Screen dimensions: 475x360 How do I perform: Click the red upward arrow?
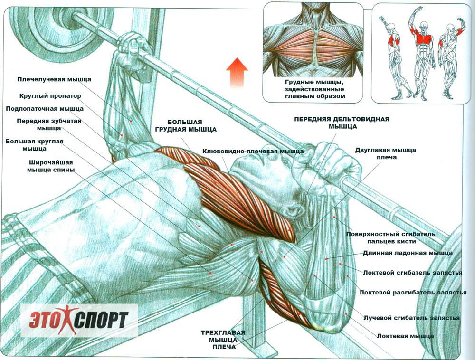point(237,73)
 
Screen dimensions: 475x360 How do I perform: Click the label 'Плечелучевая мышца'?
point(54,80)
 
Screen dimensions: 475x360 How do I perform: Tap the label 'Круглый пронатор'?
point(50,96)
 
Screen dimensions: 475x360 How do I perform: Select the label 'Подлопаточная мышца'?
point(45,109)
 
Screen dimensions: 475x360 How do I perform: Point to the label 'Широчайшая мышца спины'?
point(51,166)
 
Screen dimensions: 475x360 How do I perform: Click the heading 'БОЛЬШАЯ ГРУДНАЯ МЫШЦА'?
point(186,126)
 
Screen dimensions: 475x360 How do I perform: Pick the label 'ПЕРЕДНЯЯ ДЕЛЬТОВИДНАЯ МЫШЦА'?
point(342,123)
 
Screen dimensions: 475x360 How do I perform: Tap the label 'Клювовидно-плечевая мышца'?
point(253,151)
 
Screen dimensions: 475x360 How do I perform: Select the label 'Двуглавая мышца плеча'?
point(386,153)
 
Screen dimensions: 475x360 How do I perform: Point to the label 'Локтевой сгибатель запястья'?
point(413,273)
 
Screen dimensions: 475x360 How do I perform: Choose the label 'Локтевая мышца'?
point(405,336)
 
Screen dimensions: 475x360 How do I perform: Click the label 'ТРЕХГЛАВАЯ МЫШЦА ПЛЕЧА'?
point(223,340)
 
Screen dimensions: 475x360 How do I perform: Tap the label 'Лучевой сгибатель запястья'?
point(411,318)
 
